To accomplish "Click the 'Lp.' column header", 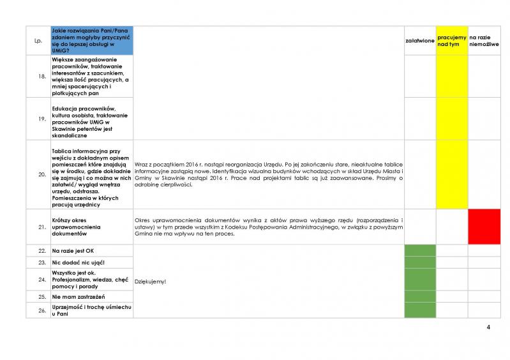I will click(37, 41).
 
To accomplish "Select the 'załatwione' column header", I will click(420, 41).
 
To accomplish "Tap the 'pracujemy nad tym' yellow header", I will click(452, 40).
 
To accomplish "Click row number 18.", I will click(41, 76).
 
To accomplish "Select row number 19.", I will click(41, 118).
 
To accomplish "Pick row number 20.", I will click(41, 174).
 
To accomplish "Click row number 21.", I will click(41, 227).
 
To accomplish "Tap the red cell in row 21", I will click(484, 227).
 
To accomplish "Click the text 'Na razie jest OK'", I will click(73, 251).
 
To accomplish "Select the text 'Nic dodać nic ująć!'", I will click(79, 262).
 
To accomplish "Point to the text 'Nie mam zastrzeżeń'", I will click(79, 297).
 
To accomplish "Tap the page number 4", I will click(488, 328).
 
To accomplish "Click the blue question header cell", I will click(91, 40).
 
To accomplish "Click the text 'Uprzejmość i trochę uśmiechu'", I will click(91, 307).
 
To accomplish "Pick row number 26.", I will click(41, 310).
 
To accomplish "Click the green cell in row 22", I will click(420, 251).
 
